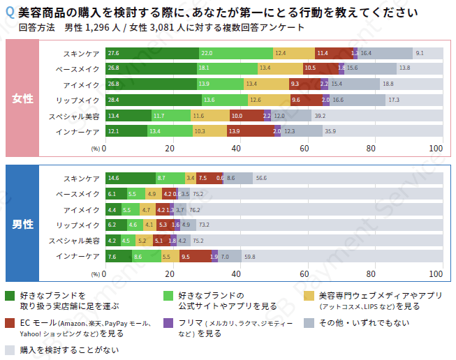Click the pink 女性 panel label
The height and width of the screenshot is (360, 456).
point(22,98)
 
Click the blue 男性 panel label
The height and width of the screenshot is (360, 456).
point(22,224)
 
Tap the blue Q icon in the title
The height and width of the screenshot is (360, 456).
point(9,13)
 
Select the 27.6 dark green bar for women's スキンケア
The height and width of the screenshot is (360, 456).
point(152,53)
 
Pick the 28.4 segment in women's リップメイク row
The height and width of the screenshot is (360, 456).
point(153,100)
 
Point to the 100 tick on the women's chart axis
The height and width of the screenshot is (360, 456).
point(436,148)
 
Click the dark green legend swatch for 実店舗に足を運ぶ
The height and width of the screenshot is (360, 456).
point(10,296)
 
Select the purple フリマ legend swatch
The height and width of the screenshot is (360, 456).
point(168,323)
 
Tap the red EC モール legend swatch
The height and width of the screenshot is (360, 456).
point(10,323)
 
